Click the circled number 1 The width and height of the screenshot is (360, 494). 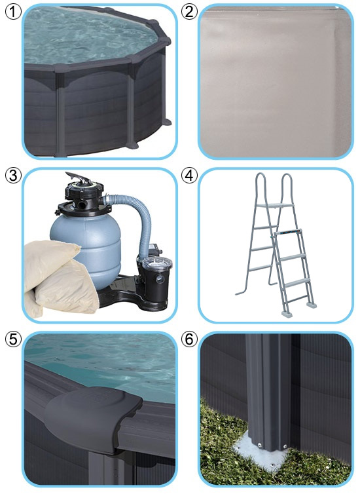[13, 12]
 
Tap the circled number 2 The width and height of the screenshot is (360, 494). [189, 12]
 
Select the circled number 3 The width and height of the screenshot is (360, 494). [13, 176]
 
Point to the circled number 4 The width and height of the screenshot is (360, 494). [189, 176]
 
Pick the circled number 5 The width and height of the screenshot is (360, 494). [13, 339]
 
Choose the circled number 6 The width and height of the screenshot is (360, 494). [189, 339]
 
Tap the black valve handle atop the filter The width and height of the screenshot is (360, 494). [79, 178]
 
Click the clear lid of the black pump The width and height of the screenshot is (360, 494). [157, 262]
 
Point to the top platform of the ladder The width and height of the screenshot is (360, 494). [275, 206]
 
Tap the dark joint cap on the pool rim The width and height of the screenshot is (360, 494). [94, 413]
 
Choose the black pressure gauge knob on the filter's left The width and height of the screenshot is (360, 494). [58, 212]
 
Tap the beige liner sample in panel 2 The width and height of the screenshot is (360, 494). [276, 81]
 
